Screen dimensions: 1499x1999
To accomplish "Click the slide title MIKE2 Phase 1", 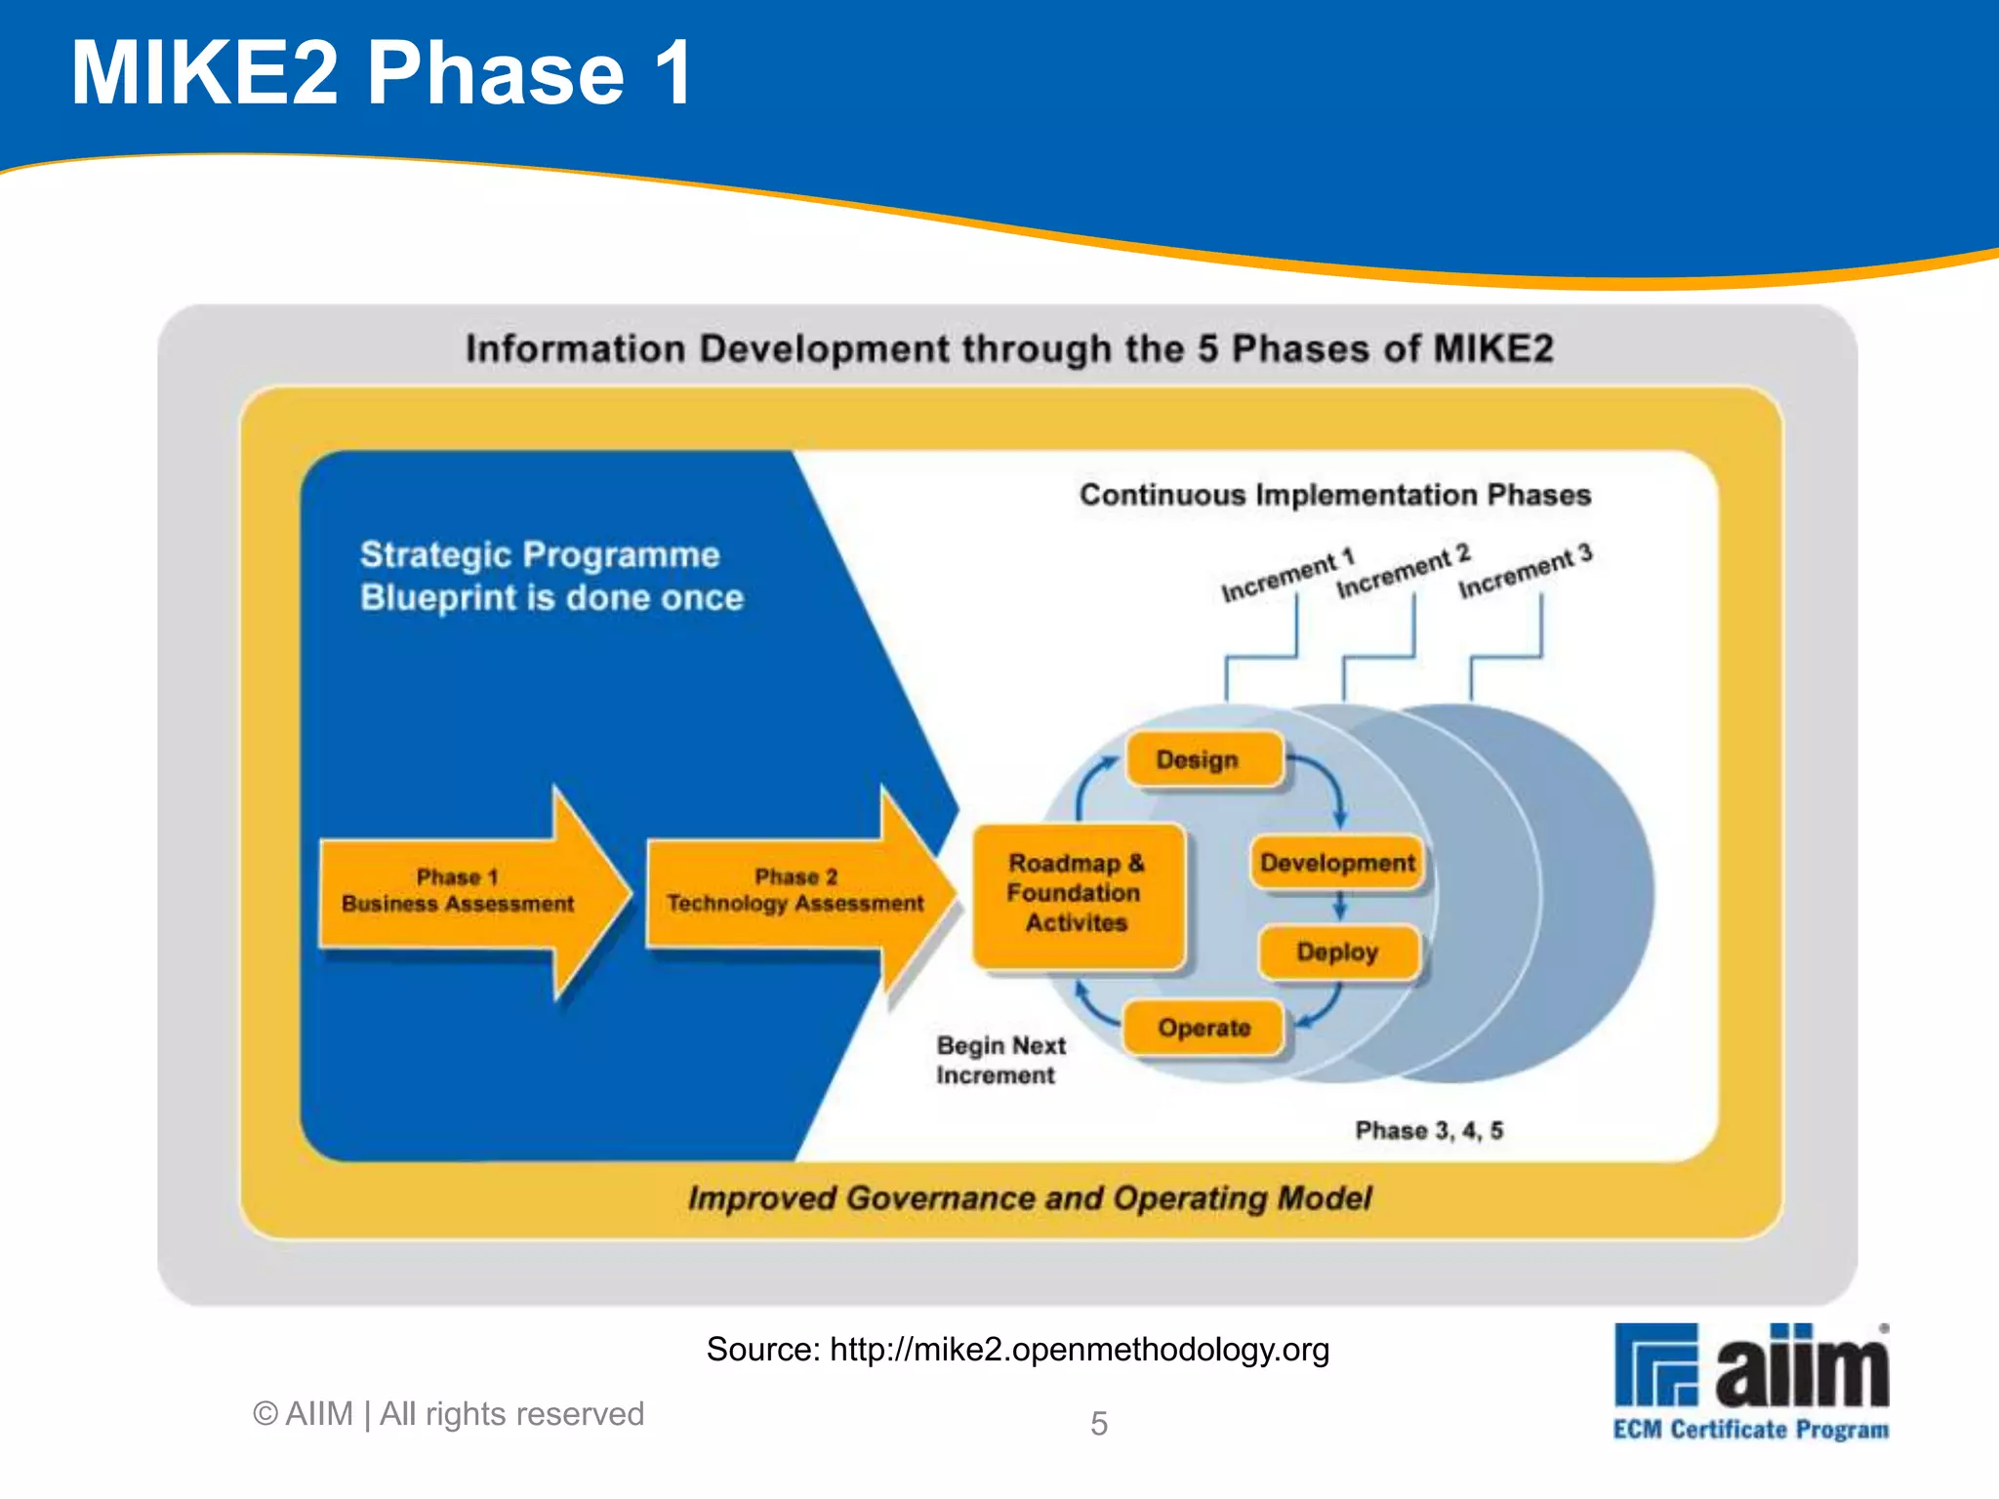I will coord(382,74).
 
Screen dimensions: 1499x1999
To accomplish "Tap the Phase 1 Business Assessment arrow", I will coord(459,891).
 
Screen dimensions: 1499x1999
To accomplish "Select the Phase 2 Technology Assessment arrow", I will coord(795,891).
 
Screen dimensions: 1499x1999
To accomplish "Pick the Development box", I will coord(1336,864).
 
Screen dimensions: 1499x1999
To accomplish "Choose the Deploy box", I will coord(1336,952).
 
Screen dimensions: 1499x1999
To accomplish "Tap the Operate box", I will coord(1203,1029).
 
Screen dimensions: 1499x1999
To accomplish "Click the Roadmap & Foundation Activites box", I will coord(1077,894).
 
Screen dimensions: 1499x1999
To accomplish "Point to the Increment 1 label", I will coord(1287,576).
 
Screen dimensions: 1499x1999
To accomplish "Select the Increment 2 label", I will coord(1403,572).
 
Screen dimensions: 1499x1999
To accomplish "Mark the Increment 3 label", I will coord(1525,571).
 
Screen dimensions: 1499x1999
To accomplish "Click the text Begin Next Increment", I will coord(999,1061).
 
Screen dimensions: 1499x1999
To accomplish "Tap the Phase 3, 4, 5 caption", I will coord(1428,1131).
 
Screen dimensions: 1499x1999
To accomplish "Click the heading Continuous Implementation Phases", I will coord(1334,495).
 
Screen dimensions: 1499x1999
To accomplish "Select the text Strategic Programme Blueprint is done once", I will coord(551,577).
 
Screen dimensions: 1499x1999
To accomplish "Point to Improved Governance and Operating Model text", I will coord(1029,1198).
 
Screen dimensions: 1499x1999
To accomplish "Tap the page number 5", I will coord(1098,1424).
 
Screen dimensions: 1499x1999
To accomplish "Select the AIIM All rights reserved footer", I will coord(449,1414).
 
